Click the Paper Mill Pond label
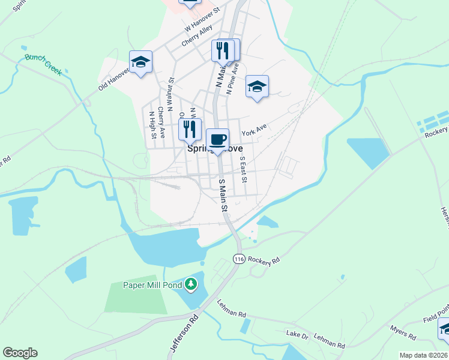(152, 285)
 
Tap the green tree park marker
(191, 283)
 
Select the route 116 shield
(239, 259)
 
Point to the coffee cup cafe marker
(218, 140)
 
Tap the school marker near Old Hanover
(141, 62)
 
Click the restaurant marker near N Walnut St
(190, 128)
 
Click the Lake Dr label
(297, 334)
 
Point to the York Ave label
(253, 130)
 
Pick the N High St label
(152, 124)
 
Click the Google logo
(20, 353)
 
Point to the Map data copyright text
(424, 355)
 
